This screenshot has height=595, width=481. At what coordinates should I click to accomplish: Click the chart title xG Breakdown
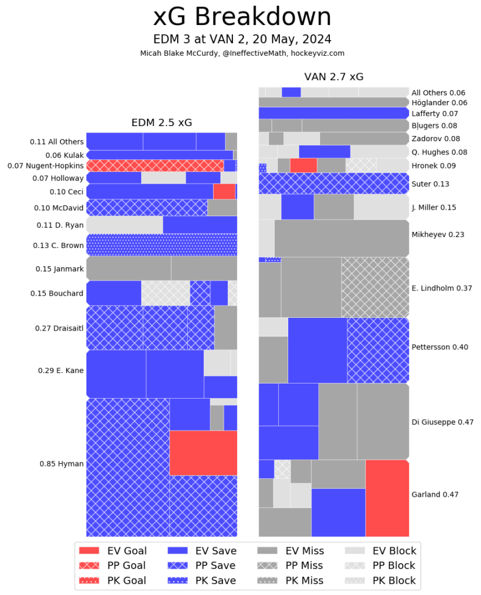tap(242, 17)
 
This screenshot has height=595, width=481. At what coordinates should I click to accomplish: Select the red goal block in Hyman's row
tap(203, 453)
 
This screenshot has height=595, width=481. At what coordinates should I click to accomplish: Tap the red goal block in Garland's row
tap(387, 498)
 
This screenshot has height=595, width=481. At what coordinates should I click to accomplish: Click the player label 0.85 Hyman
tap(62, 464)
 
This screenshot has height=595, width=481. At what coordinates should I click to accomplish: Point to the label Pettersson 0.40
tap(440, 347)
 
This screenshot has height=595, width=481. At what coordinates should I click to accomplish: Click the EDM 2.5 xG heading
tap(161, 123)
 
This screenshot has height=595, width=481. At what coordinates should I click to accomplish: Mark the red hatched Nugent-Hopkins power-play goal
tap(155, 166)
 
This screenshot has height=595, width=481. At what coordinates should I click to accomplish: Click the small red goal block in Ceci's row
tap(224, 191)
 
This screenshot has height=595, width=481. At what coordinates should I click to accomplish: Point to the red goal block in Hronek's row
tap(303, 165)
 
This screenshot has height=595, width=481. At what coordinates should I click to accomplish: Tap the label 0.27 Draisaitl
tap(58, 328)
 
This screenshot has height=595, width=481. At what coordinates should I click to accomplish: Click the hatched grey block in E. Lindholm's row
tap(375, 287)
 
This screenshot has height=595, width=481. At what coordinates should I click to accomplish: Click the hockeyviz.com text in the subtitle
tap(317, 53)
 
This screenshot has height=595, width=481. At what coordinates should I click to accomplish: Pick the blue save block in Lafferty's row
tap(333, 113)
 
